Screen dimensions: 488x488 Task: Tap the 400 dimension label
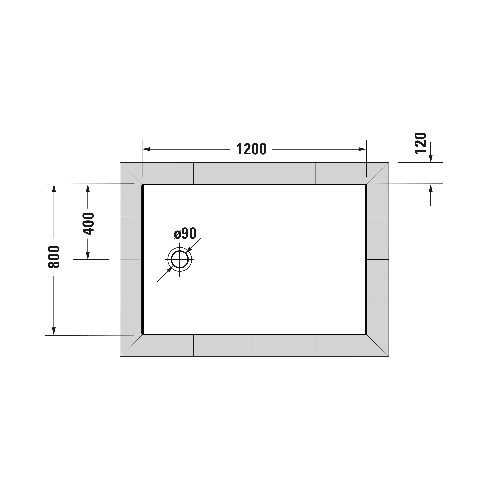[88, 224]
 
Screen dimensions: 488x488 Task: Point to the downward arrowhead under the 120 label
[431, 159]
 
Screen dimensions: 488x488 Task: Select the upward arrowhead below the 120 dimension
[431, 188]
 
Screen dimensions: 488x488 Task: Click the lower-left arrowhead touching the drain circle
[170, 269]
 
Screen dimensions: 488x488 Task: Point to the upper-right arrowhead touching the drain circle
[189, 250]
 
